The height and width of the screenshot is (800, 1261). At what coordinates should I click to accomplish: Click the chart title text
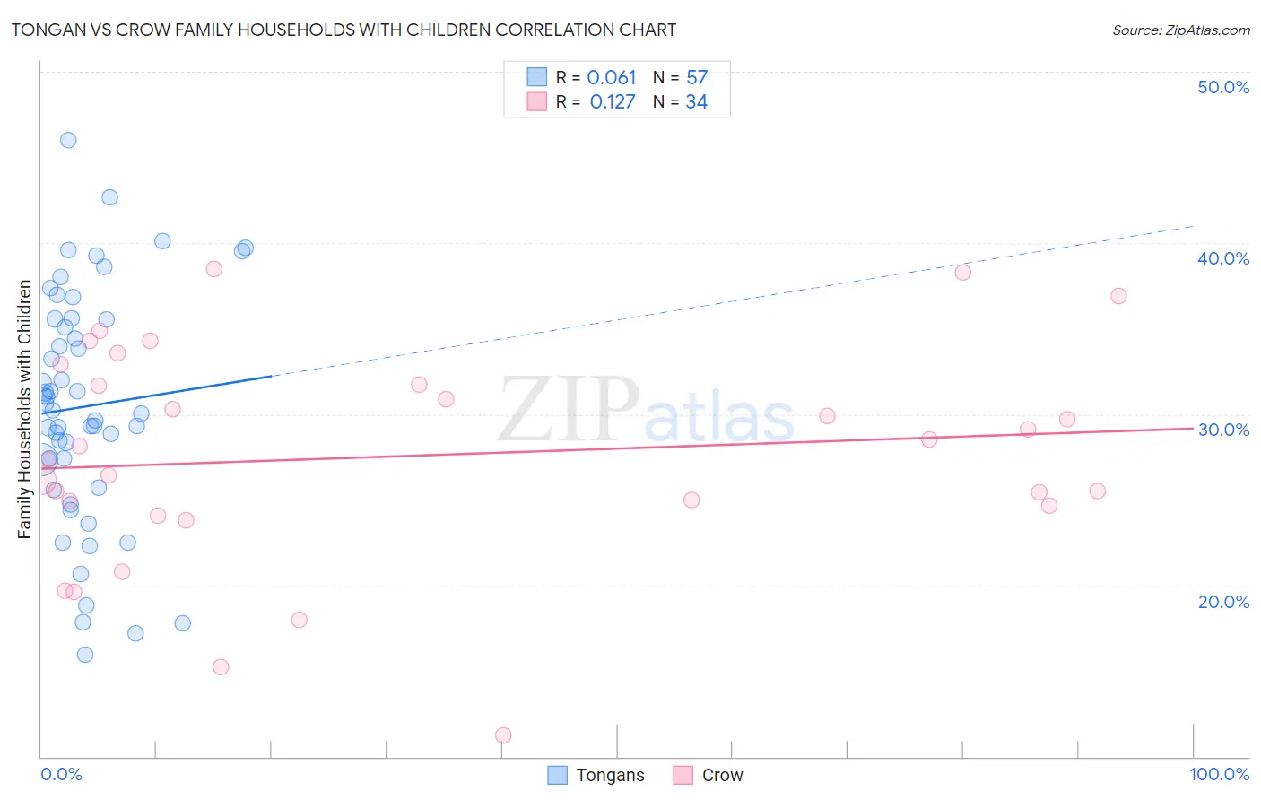pos(344,30)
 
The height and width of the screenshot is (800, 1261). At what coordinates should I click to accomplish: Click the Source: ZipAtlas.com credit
pos(1180,30)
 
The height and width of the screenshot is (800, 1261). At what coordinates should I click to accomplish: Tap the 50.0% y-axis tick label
pos(1223,87)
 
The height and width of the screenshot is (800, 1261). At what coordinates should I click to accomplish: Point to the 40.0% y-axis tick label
pos(1223,258)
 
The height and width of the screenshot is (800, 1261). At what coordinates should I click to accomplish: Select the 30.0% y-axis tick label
pos(1223,430)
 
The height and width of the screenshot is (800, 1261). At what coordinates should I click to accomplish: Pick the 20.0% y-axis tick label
pos(1223,602)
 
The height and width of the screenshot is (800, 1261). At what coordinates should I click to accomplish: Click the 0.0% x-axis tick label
pos(61,774)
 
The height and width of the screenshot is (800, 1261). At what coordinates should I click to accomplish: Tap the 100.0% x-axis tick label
pos(1219,774)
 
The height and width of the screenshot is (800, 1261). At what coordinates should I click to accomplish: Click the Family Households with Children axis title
pos(24,409)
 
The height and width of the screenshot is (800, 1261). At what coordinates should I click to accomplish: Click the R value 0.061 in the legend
pos(612,78)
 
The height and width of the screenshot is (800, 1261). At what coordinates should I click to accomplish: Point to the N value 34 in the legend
pos(697,102)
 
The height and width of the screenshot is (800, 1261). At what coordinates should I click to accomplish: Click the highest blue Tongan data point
pos(68,140)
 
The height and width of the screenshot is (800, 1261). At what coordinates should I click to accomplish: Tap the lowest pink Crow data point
pos(503,735)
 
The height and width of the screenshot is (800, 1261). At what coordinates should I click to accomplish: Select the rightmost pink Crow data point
pos(1118,296)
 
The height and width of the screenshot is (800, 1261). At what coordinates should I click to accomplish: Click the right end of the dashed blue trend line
pos(1193,226)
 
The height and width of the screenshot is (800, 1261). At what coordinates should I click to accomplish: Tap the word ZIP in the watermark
pos(569,409)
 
